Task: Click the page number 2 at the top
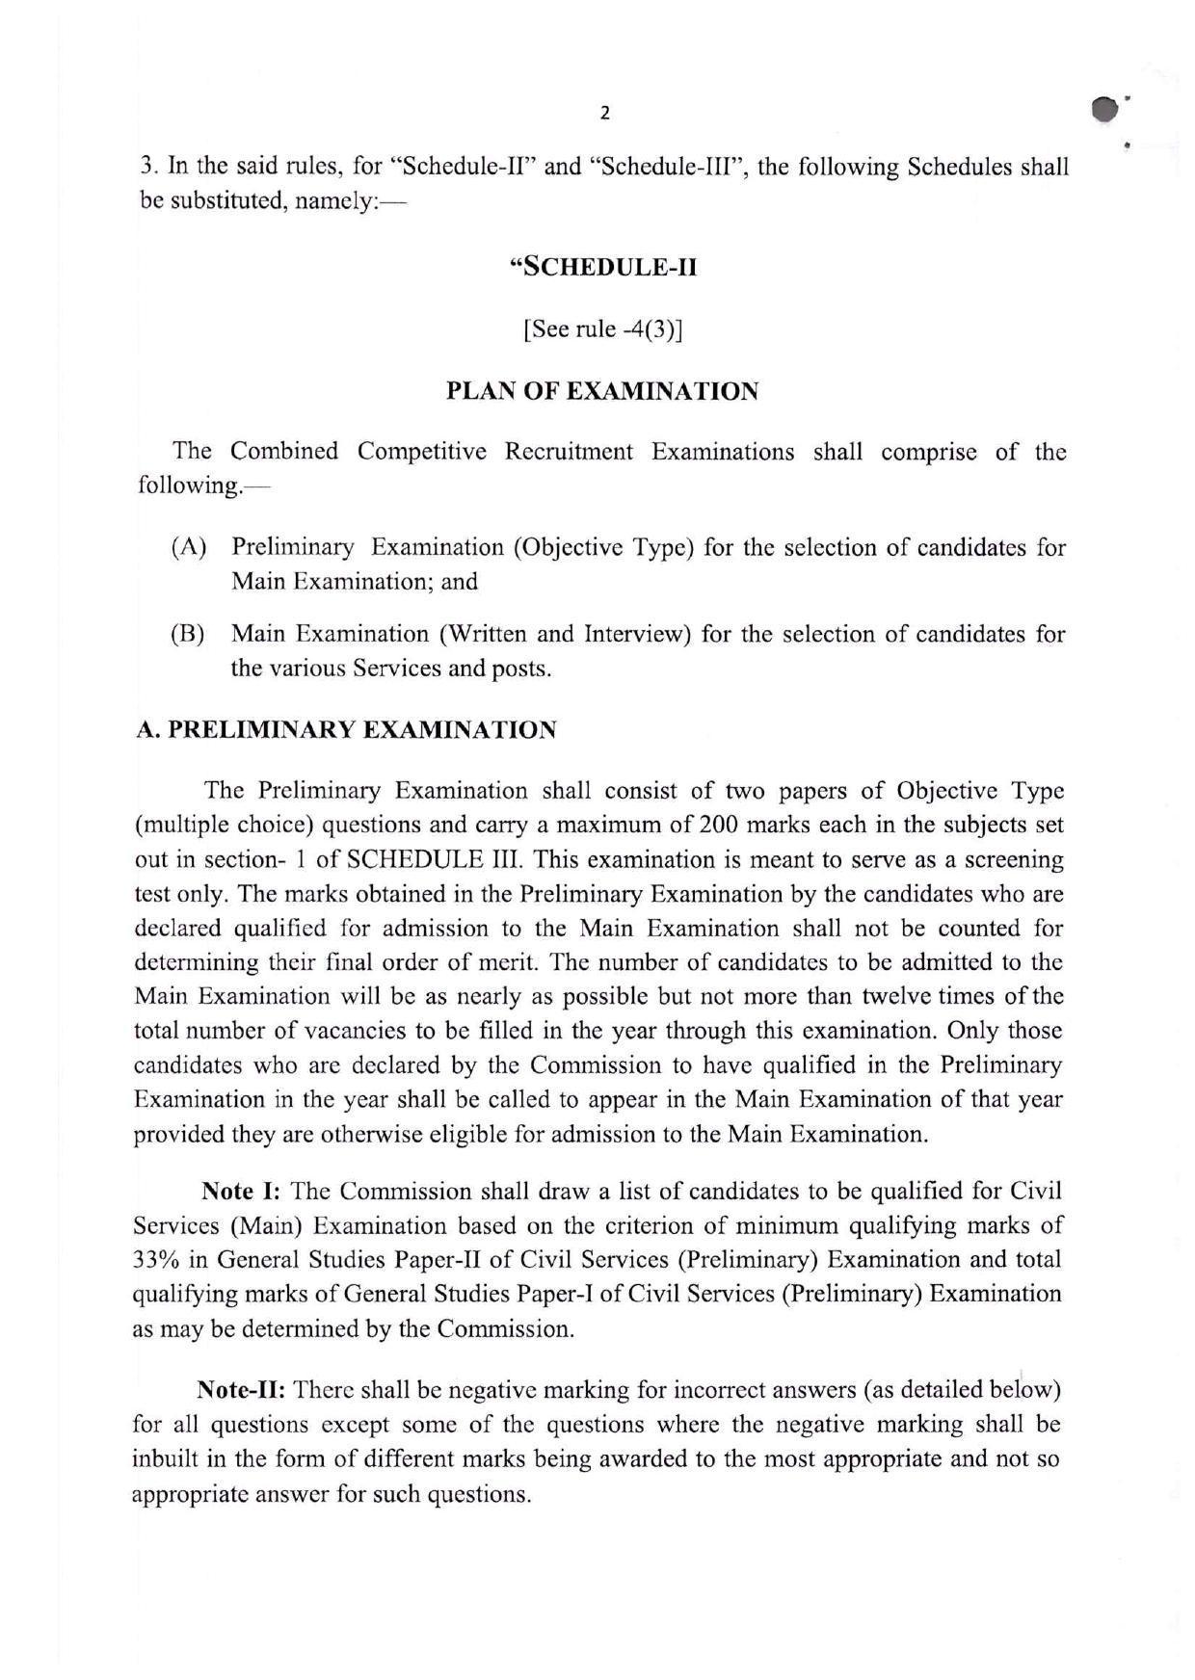604,114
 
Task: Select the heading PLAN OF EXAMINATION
602,392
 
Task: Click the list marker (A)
189,548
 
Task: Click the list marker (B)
188,635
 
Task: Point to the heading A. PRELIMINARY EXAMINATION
346,730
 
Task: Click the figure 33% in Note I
154,1260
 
